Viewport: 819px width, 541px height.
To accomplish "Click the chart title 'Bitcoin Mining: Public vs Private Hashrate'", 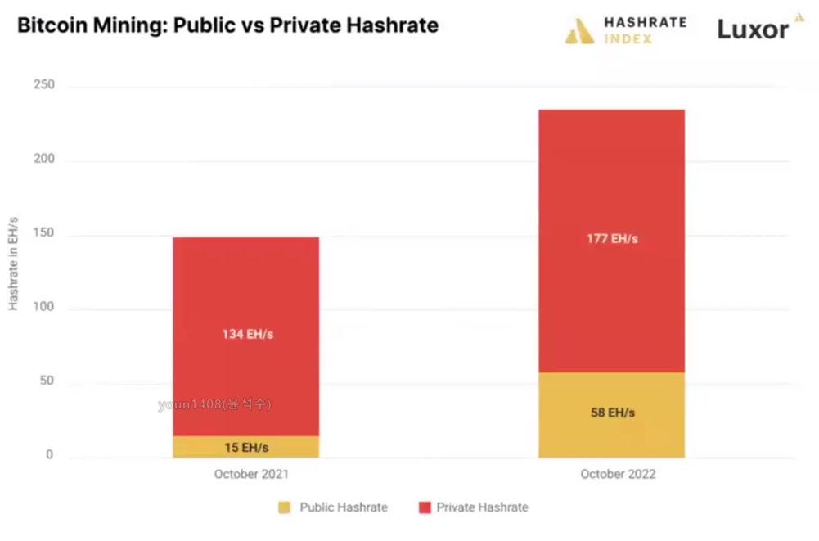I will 227,25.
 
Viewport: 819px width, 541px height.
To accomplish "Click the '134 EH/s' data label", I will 246,334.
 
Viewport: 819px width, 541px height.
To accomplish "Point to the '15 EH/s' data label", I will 246,448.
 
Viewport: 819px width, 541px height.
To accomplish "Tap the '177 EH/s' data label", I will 612,239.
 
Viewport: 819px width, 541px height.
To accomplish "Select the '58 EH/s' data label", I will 612,413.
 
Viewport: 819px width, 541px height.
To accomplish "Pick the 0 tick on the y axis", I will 49,455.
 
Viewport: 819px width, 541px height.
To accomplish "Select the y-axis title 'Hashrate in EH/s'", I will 14,264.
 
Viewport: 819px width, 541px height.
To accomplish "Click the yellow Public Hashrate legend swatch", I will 284,507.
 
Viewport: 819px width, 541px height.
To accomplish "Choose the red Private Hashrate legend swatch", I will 424,507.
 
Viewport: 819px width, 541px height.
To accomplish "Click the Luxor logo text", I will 753,30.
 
